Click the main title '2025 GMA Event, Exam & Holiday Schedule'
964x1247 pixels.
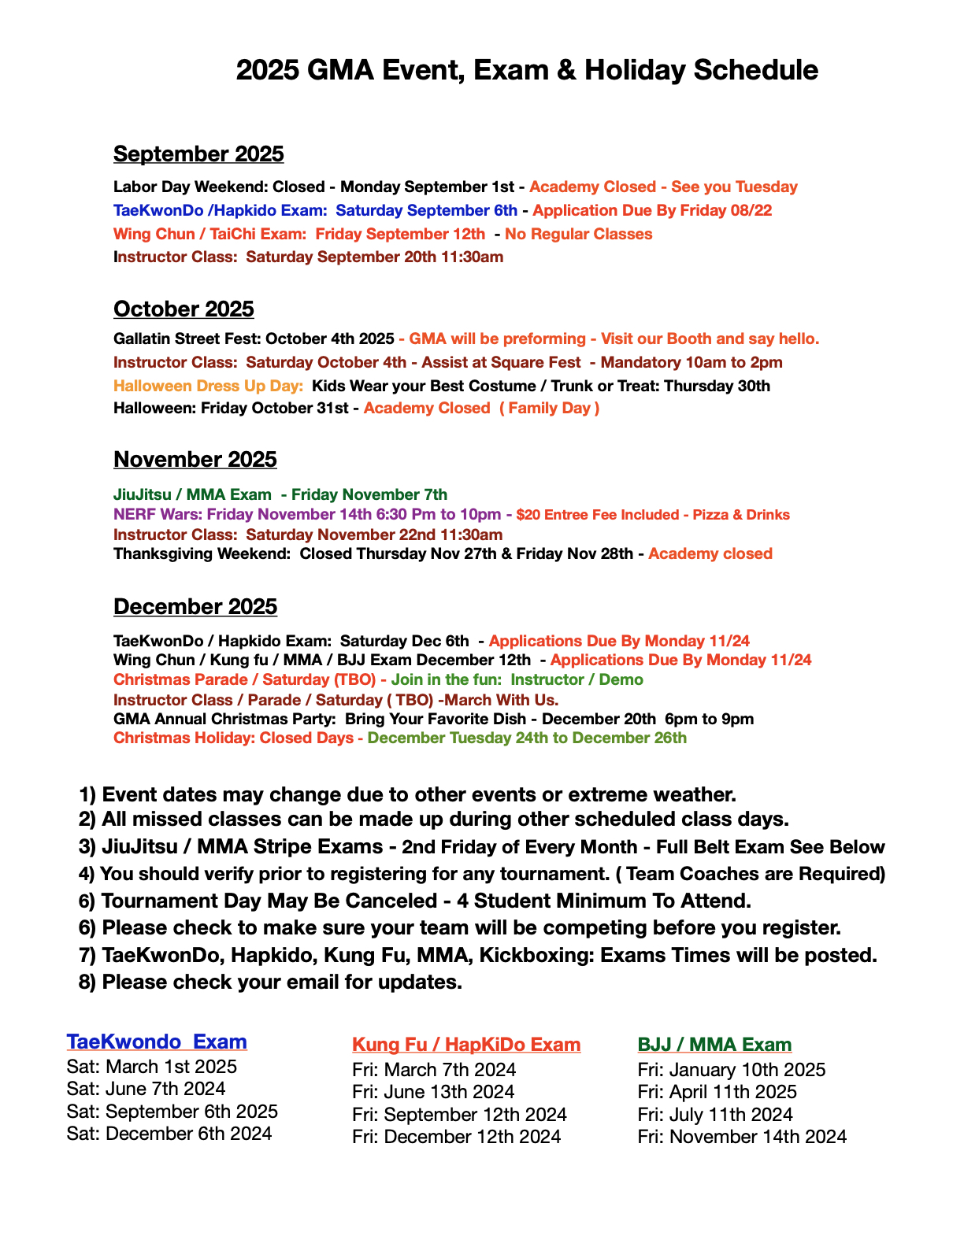tap(527, 70)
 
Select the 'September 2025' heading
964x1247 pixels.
tap(198, 154)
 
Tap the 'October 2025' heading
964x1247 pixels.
tap(184, 309)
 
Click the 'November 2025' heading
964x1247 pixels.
tap(195, 459)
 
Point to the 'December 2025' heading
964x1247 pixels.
tap(195, 606)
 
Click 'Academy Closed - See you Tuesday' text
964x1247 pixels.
tap(663, 187)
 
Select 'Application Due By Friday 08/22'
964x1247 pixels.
tap(652, 210)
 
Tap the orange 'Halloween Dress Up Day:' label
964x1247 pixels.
tap(209, 386)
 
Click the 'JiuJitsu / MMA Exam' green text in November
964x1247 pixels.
tap(192, 494)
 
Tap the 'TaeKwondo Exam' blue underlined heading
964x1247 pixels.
tap(157, 1042)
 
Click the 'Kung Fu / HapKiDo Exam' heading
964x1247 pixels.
tap(466, 1045)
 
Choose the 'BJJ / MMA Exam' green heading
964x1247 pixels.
tap(714, 1045)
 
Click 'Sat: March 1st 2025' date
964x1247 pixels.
tap(152, 1067)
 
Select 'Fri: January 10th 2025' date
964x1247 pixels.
tap(732, 1070)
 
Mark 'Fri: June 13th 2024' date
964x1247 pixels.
tap(433, 1092)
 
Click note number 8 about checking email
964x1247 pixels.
tap(270, 982)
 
